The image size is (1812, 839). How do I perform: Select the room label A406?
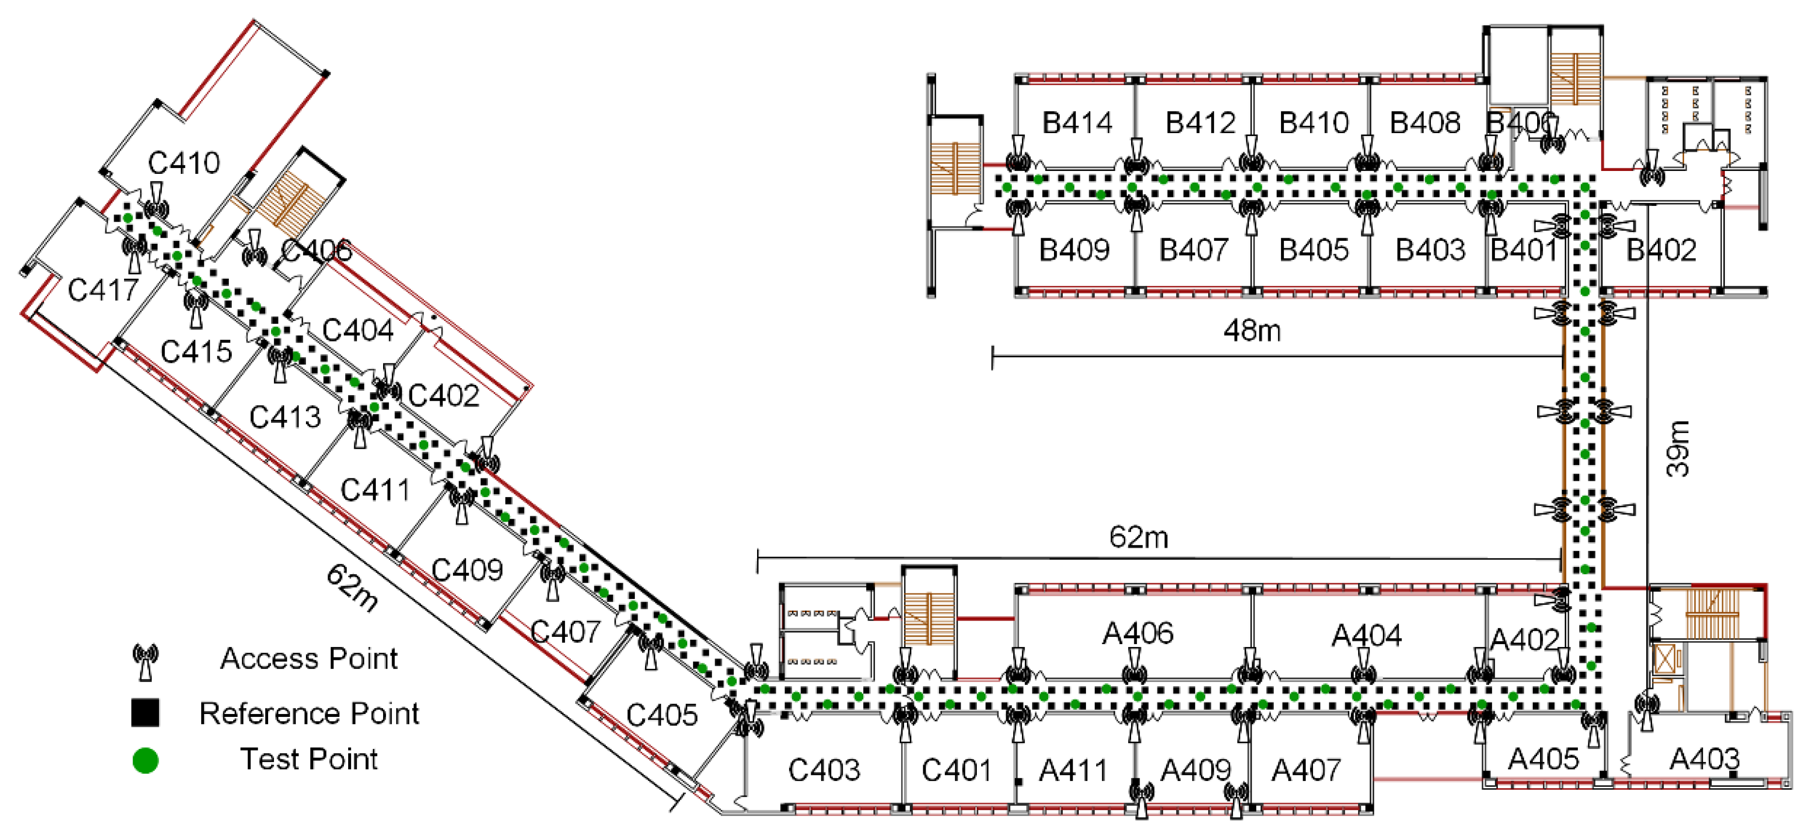[1137, 634]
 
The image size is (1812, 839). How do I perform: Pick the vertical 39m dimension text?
[1678, 449]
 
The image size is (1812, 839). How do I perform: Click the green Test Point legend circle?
[146, 760]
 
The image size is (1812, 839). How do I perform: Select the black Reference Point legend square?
[145, 713]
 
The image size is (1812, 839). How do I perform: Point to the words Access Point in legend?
[309, 659]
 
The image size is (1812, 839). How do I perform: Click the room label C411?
[375, 489]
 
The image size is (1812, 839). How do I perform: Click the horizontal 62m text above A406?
[1138, 538]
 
